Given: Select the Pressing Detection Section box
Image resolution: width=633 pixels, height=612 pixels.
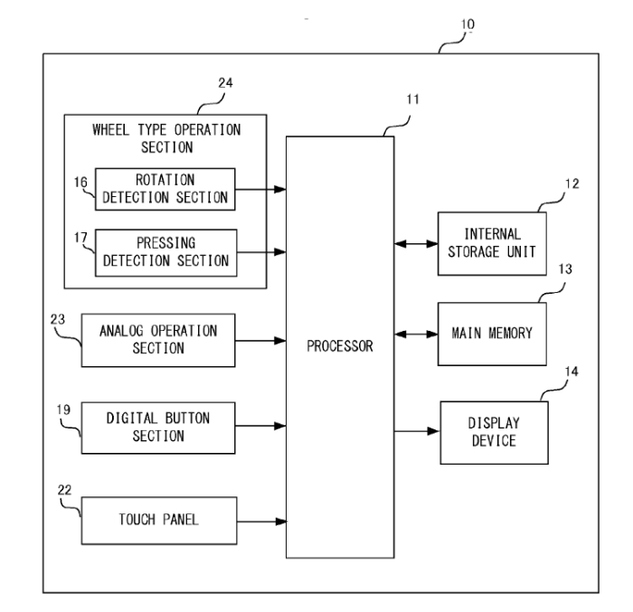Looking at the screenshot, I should click(165, 250).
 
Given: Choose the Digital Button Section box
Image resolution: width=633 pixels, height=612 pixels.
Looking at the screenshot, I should click(159, 428).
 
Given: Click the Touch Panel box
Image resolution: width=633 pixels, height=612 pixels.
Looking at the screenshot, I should click(159, 521).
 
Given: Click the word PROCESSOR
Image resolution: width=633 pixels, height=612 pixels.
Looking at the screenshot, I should click(340, 344).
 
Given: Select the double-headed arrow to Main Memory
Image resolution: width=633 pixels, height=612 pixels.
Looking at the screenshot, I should click(416, 333).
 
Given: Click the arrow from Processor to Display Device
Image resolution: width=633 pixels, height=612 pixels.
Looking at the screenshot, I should click(416, 431).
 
